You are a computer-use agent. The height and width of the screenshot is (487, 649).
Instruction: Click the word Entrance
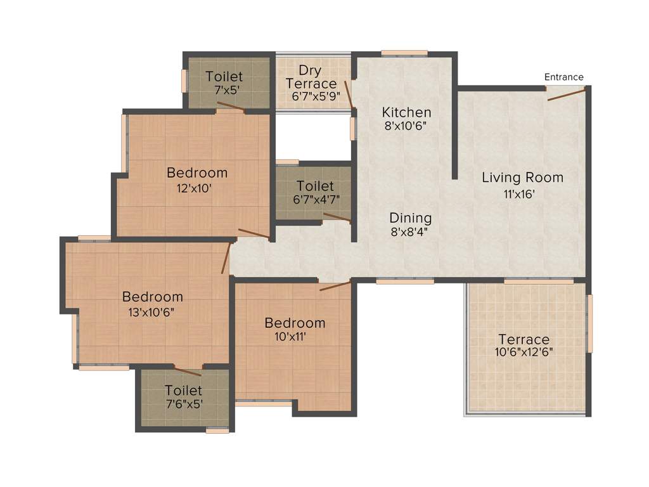coord(563,77)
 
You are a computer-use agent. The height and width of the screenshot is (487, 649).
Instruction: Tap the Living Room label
coord(522,178)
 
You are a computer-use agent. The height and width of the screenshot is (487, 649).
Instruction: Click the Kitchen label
coord(406,112)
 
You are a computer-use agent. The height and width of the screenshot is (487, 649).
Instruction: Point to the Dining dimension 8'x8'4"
coord(409,231)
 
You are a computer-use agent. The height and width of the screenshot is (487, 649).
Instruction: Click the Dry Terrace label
coord(311,77)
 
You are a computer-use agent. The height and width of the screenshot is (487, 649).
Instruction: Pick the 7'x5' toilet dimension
coord(226,90)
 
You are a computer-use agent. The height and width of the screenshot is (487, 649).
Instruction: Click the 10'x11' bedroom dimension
coord(290,337)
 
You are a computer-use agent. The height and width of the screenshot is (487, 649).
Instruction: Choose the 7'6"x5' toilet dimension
coord(184,403)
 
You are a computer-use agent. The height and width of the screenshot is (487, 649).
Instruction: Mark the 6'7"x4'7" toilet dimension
coord(315,199)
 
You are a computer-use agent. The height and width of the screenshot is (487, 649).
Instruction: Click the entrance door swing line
coord(566,95)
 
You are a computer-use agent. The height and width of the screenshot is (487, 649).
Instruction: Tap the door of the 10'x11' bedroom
coord(335,286)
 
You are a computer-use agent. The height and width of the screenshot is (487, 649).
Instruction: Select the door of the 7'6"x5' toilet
coord(188,372)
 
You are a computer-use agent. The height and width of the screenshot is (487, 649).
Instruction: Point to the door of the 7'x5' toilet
coord(231,107)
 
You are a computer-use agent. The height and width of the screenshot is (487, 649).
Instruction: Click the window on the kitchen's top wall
coord(404,53)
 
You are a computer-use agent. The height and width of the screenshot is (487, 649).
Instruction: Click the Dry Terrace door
coord(348,94)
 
